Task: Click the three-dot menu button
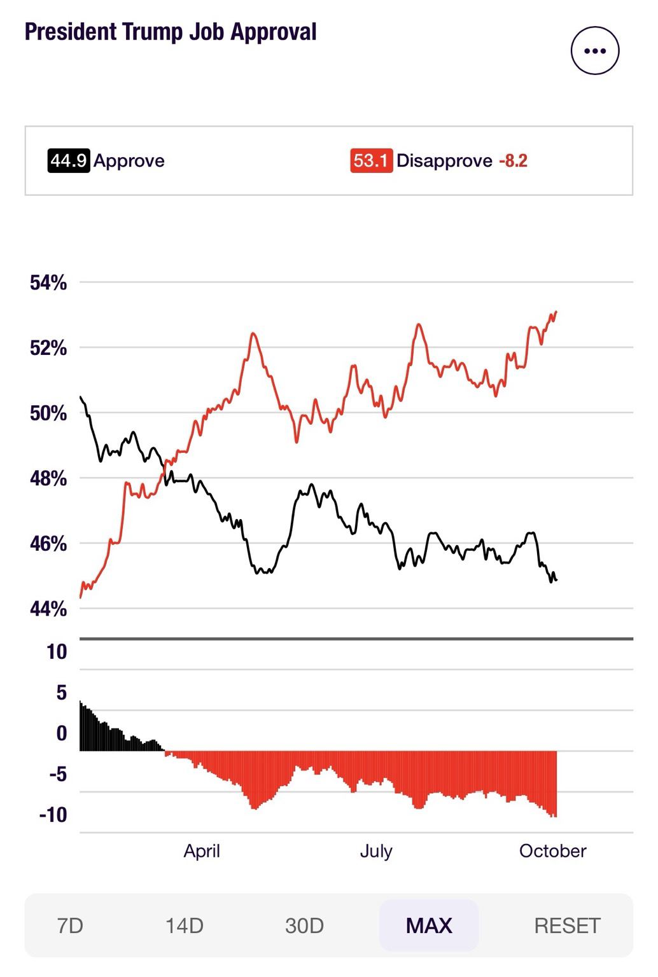point(594,51)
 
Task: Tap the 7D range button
point(70,925)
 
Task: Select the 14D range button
point(185,925)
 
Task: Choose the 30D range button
point(304,925)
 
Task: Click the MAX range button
point(429,925)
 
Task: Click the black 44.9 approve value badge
point(68,160)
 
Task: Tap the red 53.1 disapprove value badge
point(371,160)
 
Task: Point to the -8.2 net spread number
point(513,160)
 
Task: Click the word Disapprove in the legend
point(444,160)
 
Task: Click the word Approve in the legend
point(129,160)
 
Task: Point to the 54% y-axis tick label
point(48,283)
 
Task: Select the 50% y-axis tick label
point(48,413)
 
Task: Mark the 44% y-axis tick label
point(48,609)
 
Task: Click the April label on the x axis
point(202,851)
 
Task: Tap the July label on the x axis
point(376,851)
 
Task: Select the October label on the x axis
point(552,851)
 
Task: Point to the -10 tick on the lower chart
point(53,815)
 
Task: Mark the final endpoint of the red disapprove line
point(556,312)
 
